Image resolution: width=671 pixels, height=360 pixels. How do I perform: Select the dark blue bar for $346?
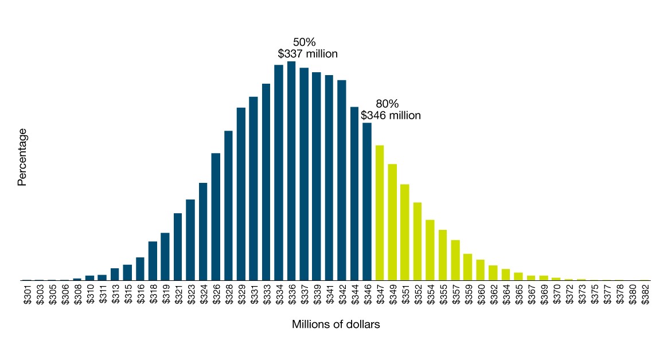367,201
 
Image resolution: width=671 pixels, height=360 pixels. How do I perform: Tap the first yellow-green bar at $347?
380,213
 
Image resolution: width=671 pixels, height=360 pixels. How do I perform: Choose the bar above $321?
178,246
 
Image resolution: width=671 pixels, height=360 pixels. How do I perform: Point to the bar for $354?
430,250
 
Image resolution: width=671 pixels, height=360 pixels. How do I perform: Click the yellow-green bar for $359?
468,267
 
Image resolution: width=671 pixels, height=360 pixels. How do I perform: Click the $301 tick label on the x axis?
27,294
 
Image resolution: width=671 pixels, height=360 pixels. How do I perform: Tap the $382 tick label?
645,294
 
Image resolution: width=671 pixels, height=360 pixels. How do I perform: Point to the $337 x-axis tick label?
304,294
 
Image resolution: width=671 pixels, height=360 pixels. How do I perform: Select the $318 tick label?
153,294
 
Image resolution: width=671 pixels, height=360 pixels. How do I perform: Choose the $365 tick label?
518,294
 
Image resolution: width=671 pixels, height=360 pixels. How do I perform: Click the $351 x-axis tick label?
405,294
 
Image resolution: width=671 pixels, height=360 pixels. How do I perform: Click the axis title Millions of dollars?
335,324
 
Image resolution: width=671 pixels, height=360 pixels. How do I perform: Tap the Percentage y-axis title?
22,157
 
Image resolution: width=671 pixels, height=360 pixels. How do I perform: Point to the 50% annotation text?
305,42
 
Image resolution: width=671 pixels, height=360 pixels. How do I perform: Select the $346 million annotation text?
391,115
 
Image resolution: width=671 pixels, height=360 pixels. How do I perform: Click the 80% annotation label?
387,104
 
